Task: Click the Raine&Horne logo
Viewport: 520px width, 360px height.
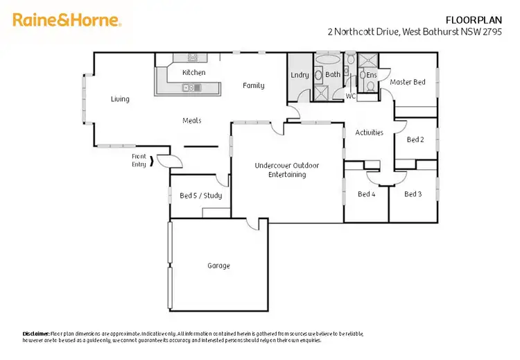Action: [x=67, y=21]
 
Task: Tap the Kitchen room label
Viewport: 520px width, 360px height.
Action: [x=193, y=72]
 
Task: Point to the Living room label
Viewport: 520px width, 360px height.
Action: [x=120, y=99]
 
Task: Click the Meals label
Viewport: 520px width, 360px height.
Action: [x=192, y=121]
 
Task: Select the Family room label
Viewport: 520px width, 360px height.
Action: [x=253, y=86]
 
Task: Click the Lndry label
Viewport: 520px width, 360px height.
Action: [x=300, y=75]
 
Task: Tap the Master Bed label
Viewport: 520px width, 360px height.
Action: [x=408, y=83]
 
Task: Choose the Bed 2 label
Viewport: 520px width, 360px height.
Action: [x=415, y=139]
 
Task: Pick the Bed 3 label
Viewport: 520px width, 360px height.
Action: [x=413, y=194]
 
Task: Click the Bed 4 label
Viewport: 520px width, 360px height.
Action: [x=366, y=194]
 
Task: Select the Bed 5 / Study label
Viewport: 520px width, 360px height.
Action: [x=200, y=196]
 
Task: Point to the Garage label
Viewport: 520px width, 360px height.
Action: [x=218, y=266]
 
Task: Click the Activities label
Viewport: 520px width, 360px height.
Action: [x=369, y=132]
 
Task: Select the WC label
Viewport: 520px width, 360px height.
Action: [x=350, y=96]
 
